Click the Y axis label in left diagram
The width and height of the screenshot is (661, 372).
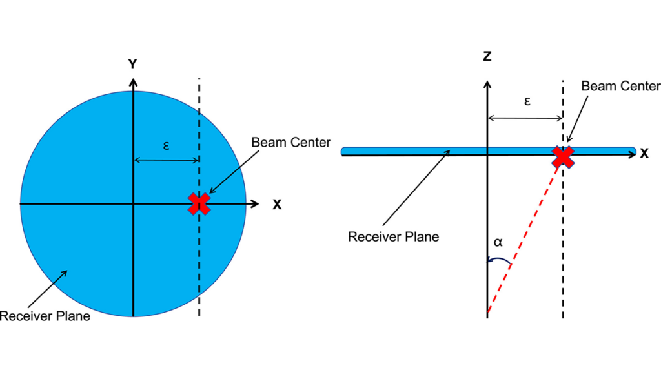[x=132, y=64]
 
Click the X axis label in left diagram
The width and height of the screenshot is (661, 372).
[x=277, y=204]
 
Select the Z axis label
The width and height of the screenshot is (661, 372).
[x=487, y=56]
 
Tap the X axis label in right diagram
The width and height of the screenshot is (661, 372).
[x=644, y=153]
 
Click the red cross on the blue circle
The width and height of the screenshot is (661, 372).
[x=199, y=203]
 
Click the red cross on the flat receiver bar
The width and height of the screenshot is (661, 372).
[x=563, y=156]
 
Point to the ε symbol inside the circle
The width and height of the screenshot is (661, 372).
[x=166, y=146]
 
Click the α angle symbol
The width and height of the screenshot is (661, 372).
[x=498, y=243]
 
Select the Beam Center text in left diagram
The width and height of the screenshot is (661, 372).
[x=290, y=142]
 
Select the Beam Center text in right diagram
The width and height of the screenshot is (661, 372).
[x=620, y=86]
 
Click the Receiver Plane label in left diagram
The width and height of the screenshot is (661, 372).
[x=45, y=316]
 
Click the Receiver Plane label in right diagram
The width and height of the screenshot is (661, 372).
[x=393, y=236]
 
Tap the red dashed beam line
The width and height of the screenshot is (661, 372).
[x=526, y=236]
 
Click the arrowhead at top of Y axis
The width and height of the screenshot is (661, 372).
[x=133, y=82]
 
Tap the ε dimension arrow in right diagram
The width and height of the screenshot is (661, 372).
[x=525, y=118]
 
